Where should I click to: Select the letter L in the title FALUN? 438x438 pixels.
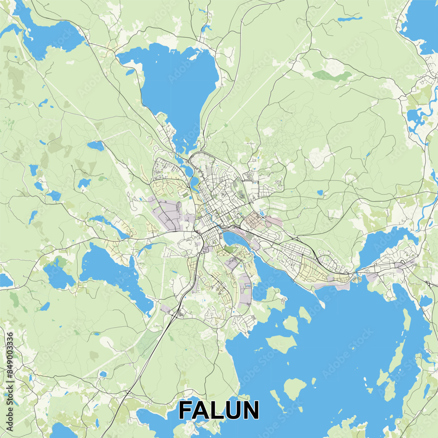tap(219, 411)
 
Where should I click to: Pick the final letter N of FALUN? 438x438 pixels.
tap(251, 411)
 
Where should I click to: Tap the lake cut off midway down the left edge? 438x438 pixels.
tap(5, 280)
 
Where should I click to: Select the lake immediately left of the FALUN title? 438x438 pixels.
tap(153, 420)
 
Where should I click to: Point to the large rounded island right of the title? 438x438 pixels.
tap(294, 388)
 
